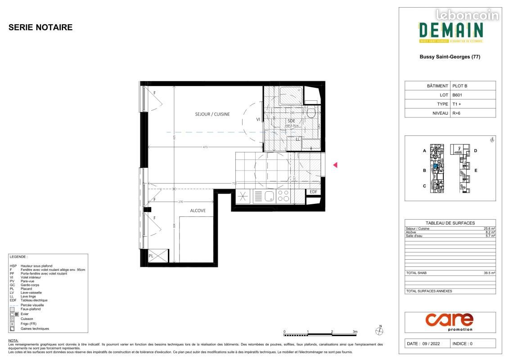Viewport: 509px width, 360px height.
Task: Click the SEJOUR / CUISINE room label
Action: (x=212, y=114)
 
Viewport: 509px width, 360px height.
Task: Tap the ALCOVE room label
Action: (x=198, y=210)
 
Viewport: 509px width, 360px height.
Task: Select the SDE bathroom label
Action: (x=291, y=121)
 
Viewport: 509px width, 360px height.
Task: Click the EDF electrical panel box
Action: (x=313, y=192)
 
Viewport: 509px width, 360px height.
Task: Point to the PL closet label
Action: (x=151, y=256)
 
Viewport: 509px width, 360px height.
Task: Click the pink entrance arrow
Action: (x=335, y=165)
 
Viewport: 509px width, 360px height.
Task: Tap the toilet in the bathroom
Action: (x=311, y=112)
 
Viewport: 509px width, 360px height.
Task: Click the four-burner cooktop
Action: (x=284, y=196)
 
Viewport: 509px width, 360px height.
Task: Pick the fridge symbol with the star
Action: (x=243, y=196)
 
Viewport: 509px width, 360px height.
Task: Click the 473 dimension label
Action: (x=205, y=147)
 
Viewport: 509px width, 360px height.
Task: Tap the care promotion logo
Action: (x=450, y=320)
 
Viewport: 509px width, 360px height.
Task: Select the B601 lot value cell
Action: (x=457, y=95)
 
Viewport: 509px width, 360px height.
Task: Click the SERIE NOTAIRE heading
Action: (x=41, y=27)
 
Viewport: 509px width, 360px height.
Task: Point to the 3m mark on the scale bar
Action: (x=355, y=332)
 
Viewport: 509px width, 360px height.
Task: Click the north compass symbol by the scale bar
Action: (x=379, y=331)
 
